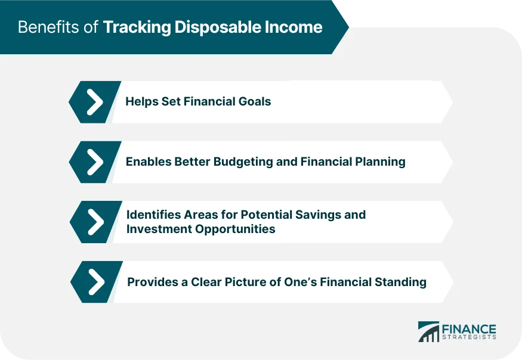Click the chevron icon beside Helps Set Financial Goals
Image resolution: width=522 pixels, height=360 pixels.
95,102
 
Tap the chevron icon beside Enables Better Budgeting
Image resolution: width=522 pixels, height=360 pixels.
95,162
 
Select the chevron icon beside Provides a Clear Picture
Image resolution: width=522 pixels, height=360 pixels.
96,282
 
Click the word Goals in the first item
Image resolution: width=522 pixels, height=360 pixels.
255,102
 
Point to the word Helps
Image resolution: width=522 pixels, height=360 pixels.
141,102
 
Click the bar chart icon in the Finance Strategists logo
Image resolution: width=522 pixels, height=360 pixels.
428,333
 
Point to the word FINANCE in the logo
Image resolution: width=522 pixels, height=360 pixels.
468,329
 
